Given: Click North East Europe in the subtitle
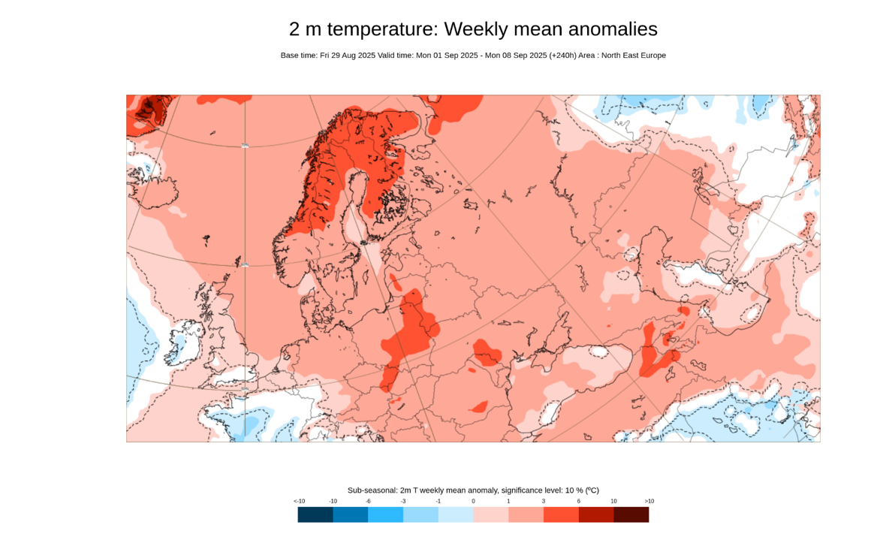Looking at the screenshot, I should [x=634, y=56].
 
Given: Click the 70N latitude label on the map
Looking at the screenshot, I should [x=245, y=146].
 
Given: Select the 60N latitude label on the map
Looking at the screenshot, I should [x=245, y=264].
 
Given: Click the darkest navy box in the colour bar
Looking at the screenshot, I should [x=315, y=514].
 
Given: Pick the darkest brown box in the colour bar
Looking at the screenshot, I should [x=631, y=514].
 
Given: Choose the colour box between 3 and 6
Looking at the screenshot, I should [x=561, y=514].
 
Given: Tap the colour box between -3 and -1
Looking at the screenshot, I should [x=420, y=514].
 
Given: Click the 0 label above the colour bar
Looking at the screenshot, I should [x=473, y=501].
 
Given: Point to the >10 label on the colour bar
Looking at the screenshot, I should [x=649, y=501].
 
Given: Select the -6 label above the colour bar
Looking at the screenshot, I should [x=368, y=501].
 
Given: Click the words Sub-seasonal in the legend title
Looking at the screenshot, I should [x=372, y=490].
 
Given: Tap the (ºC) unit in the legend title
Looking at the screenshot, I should [x=592, y=490].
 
